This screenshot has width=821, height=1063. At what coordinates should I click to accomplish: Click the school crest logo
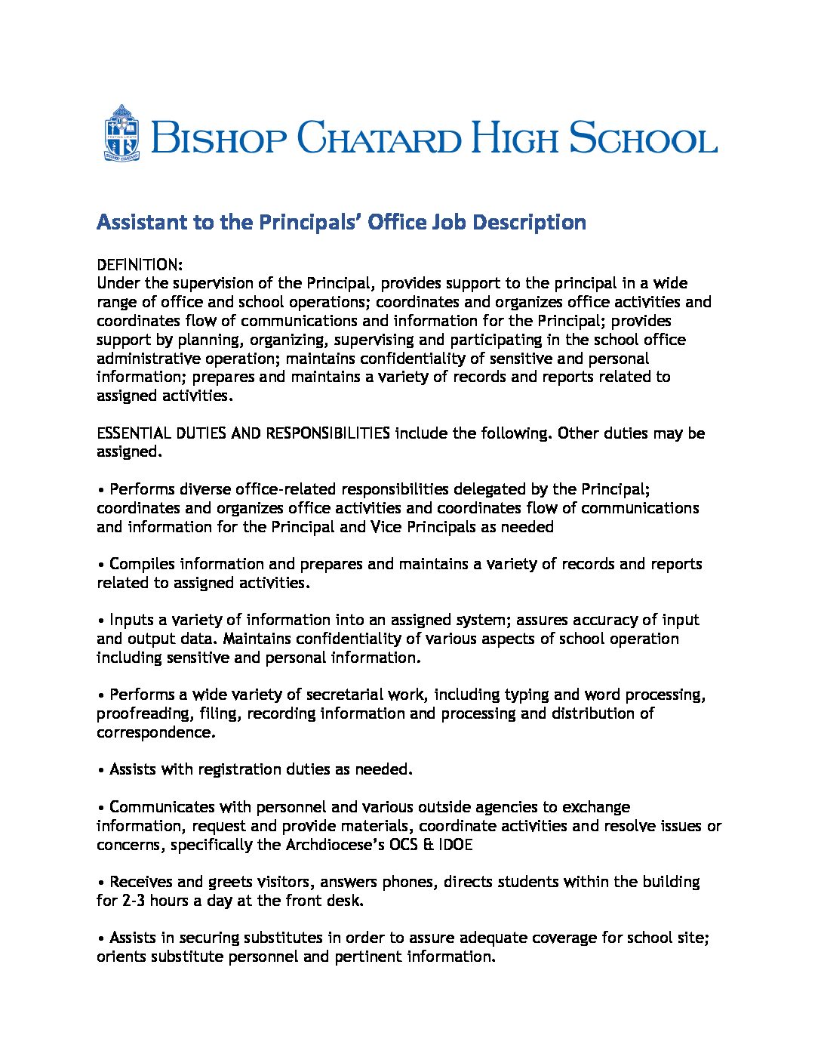click(121, 134)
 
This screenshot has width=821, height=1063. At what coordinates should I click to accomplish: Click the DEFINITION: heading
click(140, 265)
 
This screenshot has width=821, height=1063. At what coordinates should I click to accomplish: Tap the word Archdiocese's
click(334, 845)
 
